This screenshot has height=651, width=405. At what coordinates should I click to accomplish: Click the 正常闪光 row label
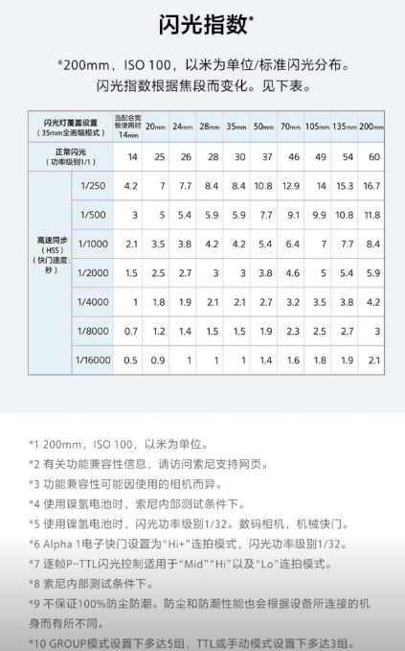coord(70,155)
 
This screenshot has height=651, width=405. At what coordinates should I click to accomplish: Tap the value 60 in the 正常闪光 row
coord(373,156)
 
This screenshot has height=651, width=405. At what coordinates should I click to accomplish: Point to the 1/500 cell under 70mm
coord(291,214)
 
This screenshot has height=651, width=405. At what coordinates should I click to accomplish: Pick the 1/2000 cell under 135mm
coord(346,273)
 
